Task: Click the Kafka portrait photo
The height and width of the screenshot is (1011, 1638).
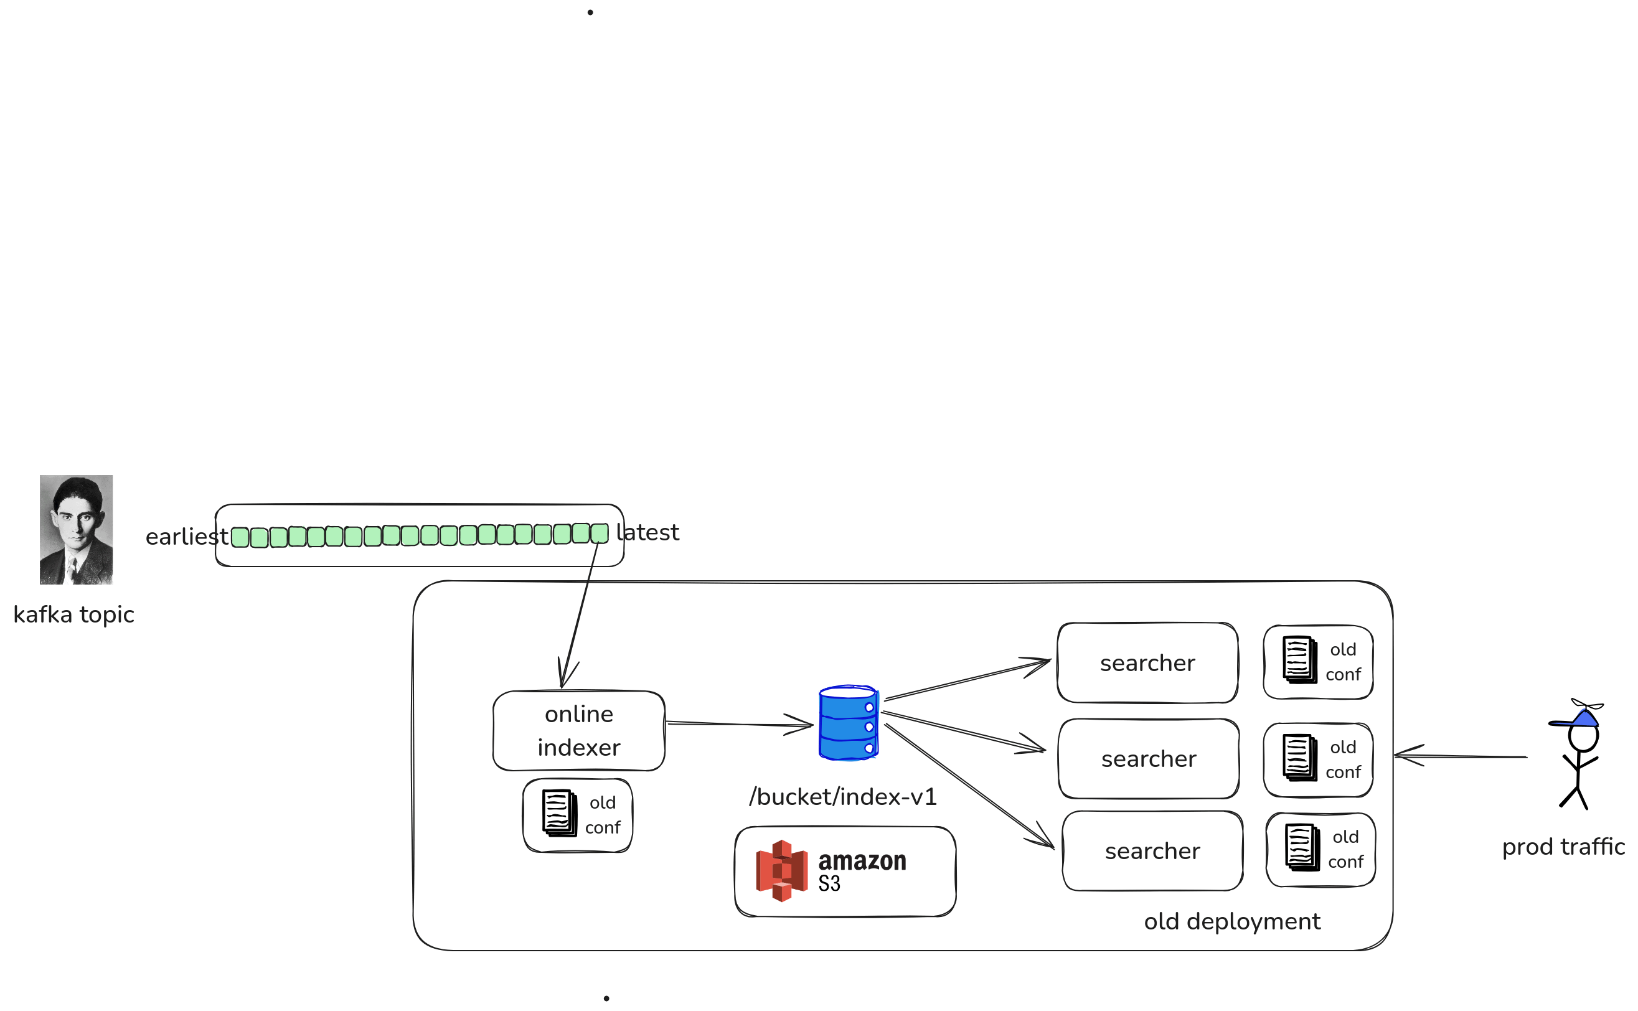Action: (x=76, y=530)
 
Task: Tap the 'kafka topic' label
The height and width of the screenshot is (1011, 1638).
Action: (x=73, y=614)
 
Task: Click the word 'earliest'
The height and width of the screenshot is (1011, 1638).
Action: (x=187, y=537)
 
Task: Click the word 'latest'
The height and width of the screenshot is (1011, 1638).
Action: (x=648, y=533)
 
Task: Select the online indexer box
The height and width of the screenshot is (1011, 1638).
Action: (x=578, y=731)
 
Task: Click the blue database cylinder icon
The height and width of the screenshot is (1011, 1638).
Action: (x=849, y=723)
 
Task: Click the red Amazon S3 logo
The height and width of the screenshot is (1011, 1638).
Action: (x=781, y=870)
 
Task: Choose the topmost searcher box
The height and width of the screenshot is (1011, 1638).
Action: (x=1147, y=663)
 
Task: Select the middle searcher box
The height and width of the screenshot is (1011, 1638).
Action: (x=1149, y=759)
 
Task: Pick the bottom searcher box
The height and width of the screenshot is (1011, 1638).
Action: (x=1152, y=851)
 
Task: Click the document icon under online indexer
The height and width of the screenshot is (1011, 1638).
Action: (x=560, y=813)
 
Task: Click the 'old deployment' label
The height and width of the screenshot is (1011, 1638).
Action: (x=1231, y=921)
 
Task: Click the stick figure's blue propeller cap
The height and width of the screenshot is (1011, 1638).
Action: (x=1583, y=719)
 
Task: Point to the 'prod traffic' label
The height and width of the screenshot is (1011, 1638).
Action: (x=1563, y=847)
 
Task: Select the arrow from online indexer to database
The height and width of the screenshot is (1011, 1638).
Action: (x=739, y=724)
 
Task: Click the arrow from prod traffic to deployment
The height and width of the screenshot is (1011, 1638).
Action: (x=1460, y=756)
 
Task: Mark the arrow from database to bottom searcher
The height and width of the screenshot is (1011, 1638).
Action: (x=969, y=786)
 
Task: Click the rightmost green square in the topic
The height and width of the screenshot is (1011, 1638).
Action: (x=600, y=533)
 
